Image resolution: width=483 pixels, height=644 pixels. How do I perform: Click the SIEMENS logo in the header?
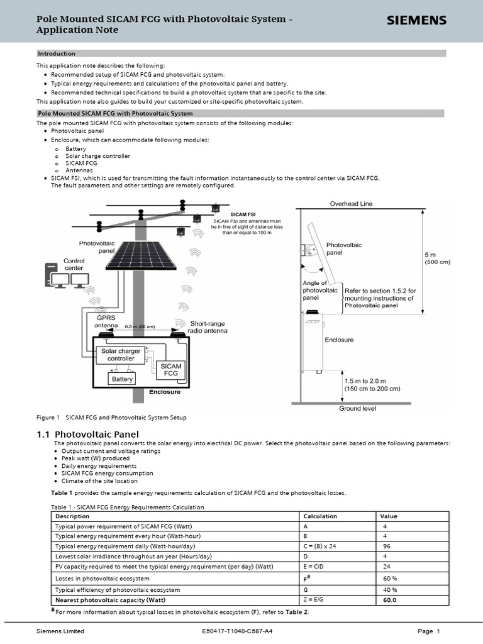[x=416, y=21]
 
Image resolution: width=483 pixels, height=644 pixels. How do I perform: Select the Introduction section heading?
[x=57, y=53]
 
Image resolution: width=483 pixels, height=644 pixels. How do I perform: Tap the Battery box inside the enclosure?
[x=122, y=379]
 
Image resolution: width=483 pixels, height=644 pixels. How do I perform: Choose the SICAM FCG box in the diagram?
[x=170, y=370]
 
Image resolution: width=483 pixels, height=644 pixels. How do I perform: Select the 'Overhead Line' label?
[x=352, y=204]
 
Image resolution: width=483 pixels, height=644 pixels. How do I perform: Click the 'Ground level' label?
[x=358, y=408]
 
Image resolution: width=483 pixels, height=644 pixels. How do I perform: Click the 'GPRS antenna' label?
[x=106, y=322]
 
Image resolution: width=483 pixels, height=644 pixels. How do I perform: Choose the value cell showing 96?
[x=387, y=547]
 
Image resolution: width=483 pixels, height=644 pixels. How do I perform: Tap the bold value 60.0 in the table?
[x=390, y=600]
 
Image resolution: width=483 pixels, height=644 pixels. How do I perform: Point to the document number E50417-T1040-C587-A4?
[x=237, y=631]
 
